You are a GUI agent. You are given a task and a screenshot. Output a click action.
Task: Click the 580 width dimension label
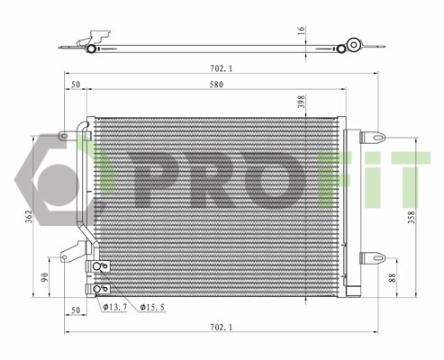pos(216,85)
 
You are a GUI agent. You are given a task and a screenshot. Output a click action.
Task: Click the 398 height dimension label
pos(302,102)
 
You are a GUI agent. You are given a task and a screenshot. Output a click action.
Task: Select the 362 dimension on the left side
pos(29,216)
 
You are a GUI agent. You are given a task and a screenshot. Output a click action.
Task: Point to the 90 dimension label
pos(44,277)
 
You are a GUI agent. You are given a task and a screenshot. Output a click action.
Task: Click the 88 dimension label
pos(393,277)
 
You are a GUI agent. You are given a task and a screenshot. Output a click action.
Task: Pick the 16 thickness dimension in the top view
pos(302,31)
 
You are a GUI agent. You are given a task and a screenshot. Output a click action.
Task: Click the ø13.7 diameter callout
pos(115,307)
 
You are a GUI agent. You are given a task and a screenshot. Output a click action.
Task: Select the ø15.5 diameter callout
pos(152,307)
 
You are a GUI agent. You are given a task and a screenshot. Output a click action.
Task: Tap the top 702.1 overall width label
pos(222,68)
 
